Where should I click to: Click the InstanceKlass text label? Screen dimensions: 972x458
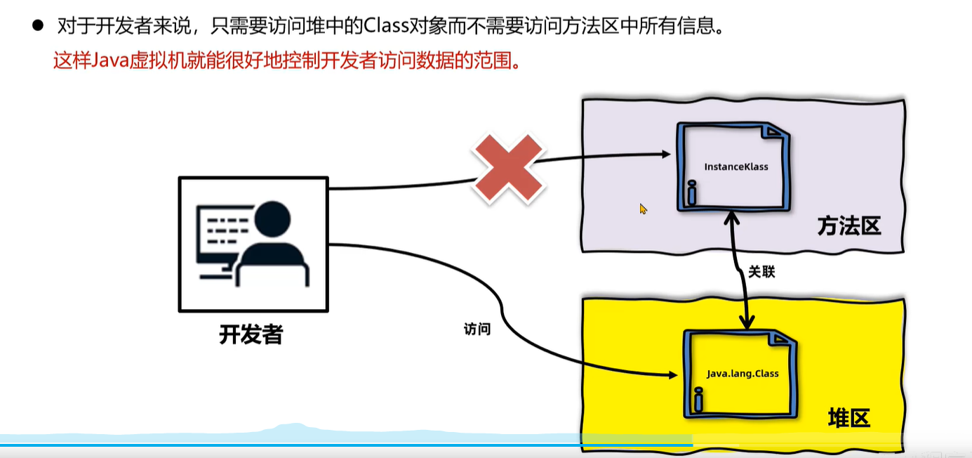(736, 167)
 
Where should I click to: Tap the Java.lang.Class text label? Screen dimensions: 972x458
(743, 374)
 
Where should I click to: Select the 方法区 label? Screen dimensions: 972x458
(848, 227)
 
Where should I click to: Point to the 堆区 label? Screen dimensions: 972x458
(848, 419)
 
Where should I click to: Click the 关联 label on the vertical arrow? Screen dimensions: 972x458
(761, 272)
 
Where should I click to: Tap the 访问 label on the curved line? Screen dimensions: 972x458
(477, 328)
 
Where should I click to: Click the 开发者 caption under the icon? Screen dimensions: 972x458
(251, 334)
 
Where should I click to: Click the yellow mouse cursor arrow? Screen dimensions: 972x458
(643, 209)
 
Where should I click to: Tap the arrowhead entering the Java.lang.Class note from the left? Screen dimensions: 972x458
(678, 376)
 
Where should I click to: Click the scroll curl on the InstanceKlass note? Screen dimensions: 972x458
(692, 192)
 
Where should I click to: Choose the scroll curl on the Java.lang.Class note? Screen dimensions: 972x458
(699, 401)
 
